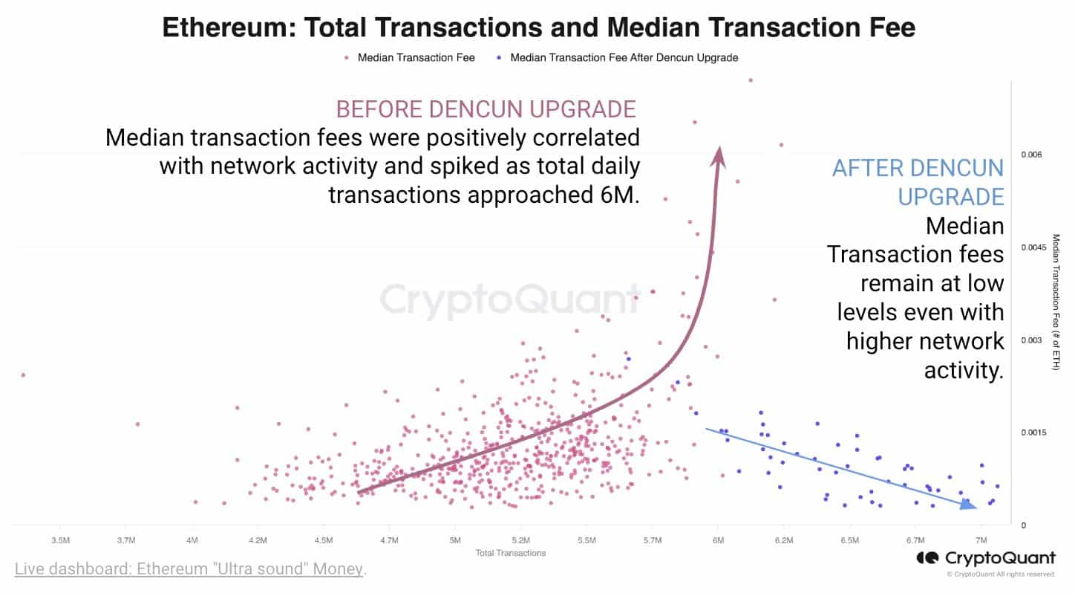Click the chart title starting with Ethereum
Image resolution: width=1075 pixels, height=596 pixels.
pyautogui.click(x=538, y=27)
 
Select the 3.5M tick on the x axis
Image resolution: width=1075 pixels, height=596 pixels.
pyautogui.click(x=61, y=540)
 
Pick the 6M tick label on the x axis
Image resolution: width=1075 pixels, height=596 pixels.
pyautogui.click(x=718, y=540)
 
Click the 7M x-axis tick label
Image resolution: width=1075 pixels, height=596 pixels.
pyautogui.click(x=981, y=540)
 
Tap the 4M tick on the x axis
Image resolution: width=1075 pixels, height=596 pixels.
pyautogui.click(x=192, y=540)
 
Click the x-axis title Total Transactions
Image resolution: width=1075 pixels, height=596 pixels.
pyautogui.click(x=511, y=553)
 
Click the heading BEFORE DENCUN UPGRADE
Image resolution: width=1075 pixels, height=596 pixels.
pyautogui.click(x=486, y=109)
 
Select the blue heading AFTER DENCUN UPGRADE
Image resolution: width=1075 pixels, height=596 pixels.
pyautogui.click(x=918, y=182)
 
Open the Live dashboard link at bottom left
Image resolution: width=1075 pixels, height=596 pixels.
pyautogui.click(x=189, y=569)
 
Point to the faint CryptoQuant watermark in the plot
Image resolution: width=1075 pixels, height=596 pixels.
pyautogui.click(x=510, y=301)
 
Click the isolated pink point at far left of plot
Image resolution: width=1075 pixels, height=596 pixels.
pyautogui.click(x=23, y=375)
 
